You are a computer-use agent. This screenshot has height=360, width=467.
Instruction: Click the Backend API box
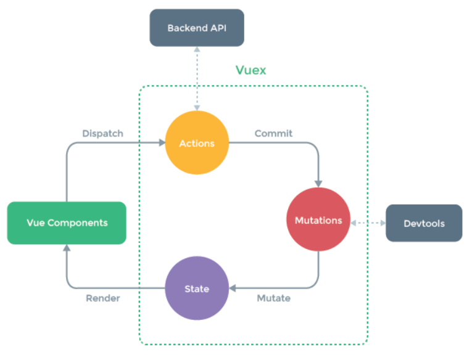(197, 28)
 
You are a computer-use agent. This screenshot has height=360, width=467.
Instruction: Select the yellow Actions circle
(197, 144)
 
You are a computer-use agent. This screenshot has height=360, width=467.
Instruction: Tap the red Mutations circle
(318, 220)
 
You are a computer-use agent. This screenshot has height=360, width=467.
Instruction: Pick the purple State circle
(197, 288)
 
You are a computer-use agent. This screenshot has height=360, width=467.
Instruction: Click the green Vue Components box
(67, 223)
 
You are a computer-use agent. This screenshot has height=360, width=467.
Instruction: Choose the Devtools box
(424, 223)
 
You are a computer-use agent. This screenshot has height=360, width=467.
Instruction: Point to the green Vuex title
(251, 70)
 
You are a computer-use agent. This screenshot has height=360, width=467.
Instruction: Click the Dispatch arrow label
(103, 133)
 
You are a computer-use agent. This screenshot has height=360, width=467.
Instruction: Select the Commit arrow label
(273, 133)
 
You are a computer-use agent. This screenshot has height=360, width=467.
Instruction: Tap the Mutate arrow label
(273, 298)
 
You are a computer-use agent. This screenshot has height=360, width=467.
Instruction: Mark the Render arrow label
(103, 298)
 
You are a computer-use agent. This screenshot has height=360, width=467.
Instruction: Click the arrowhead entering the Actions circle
(162, 144)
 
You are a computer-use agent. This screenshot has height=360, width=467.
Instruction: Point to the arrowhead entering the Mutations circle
(318, 183)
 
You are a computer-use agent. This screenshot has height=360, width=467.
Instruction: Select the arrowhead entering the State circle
(233, 288)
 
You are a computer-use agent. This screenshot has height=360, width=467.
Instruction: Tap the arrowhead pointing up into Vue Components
(67, 247)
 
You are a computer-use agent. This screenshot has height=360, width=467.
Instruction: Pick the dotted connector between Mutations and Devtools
(368, 222)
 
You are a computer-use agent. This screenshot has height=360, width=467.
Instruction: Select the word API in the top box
(217, 28)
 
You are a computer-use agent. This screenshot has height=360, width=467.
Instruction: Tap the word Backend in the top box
(187, 28)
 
